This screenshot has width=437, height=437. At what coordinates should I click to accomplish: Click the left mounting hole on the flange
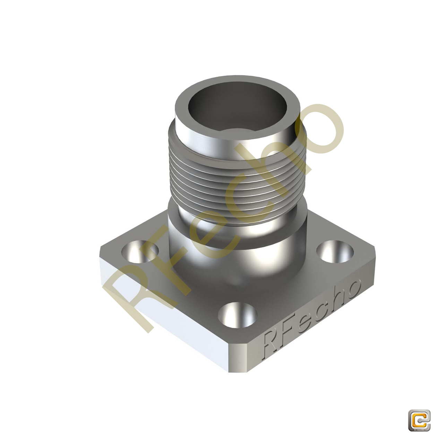coord(140,251)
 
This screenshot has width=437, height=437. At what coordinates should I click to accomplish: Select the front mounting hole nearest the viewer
coord(238,315)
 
